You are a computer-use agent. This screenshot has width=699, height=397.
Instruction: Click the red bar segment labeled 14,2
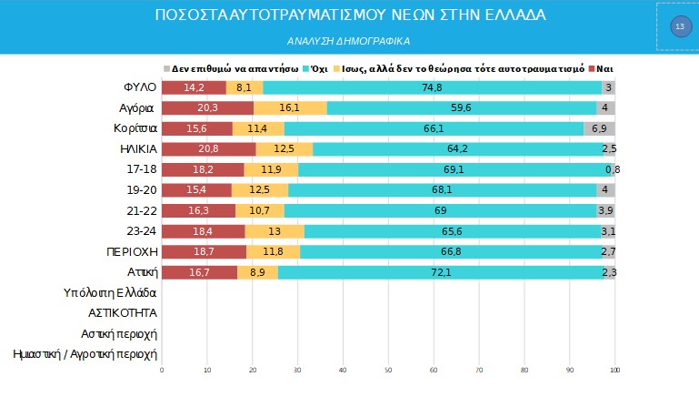pyautogui.click(x=194, y=87)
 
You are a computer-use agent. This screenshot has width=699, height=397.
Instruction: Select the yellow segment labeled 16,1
pyautogui.click(x=290, y=107)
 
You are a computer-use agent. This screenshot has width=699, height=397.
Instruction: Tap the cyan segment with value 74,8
pyautogui.click(x=432, y=87)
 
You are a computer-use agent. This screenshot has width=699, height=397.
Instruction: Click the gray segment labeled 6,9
pyautogui.click(x=599, y=128)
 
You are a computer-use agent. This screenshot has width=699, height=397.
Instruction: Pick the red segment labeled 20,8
pyautogui.click(x=208, y=148)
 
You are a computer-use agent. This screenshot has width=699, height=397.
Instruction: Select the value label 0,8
pyautogui.click(x=612, y=169)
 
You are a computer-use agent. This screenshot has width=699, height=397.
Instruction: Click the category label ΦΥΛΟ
pyautogui.click(x=141, y=87)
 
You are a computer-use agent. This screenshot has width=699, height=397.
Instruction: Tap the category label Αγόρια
pyautogui.click(x=140, y=107)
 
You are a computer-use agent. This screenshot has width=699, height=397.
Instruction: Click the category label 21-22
pyautogui.click(x=143, y=210)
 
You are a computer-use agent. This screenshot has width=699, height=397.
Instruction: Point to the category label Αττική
pyautogui.click(x=142, y=271)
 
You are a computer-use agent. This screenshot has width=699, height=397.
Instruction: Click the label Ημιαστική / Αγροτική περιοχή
pyautogui.click(x=85, y=354)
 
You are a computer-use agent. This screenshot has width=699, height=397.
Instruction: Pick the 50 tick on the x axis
pyautogui.click(x=388, y=370)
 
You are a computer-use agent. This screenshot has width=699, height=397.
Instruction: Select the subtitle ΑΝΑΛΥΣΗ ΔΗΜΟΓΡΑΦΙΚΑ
pyautogui.click(x=350, y=41)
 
